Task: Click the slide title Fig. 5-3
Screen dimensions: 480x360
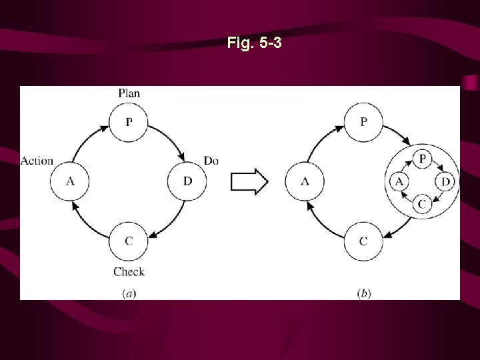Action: [254, 44]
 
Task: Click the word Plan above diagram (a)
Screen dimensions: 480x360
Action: [129, 93]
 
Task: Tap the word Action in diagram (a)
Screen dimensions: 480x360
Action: [37, 161]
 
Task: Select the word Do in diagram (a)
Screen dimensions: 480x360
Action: [211, 161]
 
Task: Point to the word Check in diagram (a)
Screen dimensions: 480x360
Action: [129, 271]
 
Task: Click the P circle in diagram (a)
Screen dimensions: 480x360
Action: [129, 123]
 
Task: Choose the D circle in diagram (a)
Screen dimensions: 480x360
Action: [187, 181]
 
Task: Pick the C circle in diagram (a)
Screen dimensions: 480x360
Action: [129, 240]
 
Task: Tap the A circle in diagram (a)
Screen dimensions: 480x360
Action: [70, 181]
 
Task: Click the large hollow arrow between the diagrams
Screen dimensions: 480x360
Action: [249, 181]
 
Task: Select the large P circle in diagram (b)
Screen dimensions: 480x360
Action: [363, 123]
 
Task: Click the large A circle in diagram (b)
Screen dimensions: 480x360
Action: [305, 181]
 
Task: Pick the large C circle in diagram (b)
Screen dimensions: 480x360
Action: [363, 240]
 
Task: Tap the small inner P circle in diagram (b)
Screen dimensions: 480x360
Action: [422, 159]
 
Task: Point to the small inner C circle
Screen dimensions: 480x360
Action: [422, 204]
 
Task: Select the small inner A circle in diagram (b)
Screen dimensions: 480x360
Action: [399, 181]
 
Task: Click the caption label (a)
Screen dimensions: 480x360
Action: [129, 293]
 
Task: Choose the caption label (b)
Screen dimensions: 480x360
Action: [364, 293]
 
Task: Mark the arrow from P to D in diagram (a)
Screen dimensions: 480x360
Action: [169, 141]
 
